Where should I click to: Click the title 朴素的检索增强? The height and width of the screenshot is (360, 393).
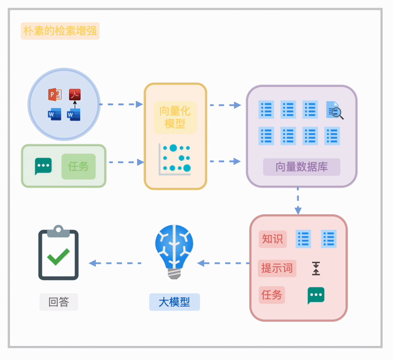point(60,31)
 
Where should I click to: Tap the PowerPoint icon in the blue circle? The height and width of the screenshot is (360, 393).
point(55,94)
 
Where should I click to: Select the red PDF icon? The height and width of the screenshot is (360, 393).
point(75,94)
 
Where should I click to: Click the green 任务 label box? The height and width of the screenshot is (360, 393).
point(78,166)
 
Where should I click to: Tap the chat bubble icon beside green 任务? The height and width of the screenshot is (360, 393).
point(43,166)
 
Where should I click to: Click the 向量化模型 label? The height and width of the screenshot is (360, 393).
point(175,118)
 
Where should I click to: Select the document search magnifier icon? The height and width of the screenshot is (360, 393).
point(335,110)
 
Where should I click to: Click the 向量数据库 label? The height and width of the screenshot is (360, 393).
point(301,167)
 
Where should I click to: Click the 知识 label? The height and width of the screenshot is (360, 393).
point(272,239)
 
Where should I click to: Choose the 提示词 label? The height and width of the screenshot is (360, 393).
point(277,269)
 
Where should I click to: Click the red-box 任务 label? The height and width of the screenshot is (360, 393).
point(272,295)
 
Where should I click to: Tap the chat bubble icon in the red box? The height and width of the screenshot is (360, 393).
point(316,296)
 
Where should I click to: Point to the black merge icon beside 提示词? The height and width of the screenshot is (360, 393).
point(316,269)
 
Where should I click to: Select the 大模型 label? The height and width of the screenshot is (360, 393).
point(174,302)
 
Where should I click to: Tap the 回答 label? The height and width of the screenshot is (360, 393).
point(58,302)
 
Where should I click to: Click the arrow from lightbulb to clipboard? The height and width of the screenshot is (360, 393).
point(115,263)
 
